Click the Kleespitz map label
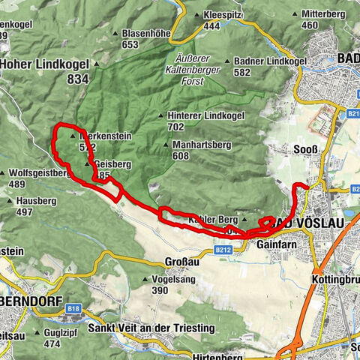pyautogui.click(x=222, y=15)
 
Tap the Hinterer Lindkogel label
pyautogui.click(x=196, y=115)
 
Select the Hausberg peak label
pyautogui.click(x=34, y=201)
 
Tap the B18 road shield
pyautogui.click(x=73, y=307)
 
